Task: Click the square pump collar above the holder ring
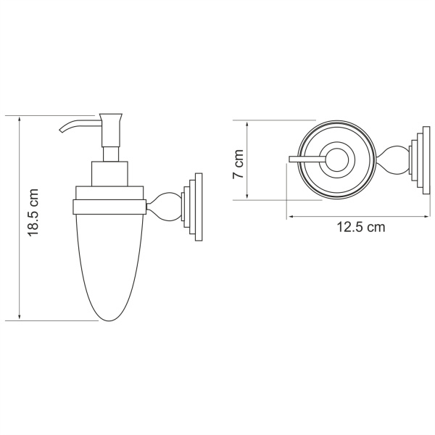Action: (110, 175)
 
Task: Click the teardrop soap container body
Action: (109, 261)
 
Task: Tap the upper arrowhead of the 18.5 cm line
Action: (19, 118)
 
